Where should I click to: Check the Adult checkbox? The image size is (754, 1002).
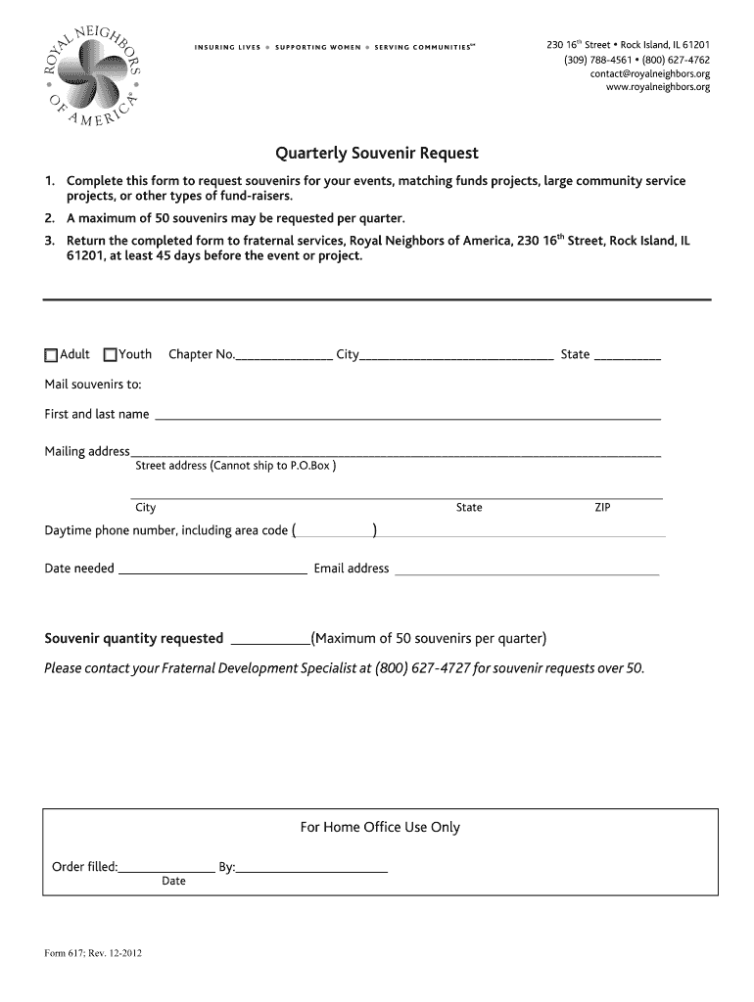51,355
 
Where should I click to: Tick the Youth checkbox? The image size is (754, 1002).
111,355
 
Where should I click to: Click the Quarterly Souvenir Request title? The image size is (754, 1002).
376,154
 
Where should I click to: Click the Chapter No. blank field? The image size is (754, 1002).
284,356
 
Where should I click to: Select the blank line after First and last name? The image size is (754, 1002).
407,416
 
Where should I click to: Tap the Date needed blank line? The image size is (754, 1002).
212,569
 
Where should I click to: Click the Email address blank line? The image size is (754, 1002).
526,569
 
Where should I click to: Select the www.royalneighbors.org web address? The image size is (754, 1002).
658,87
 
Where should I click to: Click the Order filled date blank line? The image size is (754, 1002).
167,868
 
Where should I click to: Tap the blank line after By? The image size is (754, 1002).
312,868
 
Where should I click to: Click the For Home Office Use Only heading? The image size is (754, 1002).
379,828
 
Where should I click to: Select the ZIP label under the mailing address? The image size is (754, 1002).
602,508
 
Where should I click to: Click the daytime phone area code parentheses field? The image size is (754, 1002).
335,531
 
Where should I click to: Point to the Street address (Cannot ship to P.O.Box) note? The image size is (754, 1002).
235,466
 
